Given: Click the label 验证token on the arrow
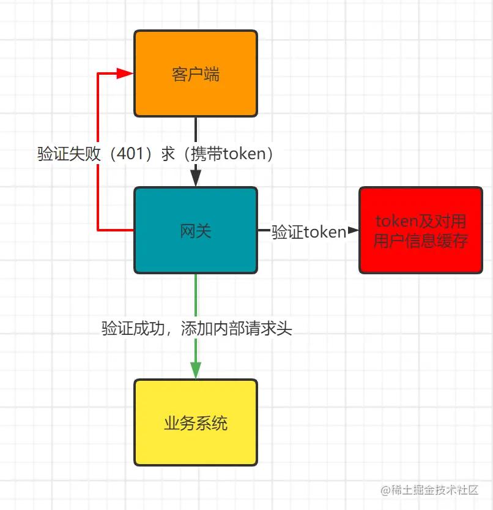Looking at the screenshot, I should pos(309,231).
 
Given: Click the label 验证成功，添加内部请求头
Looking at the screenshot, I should pos(197,329).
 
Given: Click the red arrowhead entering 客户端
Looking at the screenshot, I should pos(125,73).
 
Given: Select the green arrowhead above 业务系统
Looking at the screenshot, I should pos(196,370).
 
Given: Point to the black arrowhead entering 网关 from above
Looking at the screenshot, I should pos(196,178).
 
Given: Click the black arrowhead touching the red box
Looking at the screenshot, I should pos(353,231).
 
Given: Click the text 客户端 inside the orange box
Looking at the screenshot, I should pos(196,75).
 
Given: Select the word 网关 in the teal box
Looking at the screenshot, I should pos(196,231).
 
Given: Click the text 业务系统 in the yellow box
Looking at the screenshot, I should pos(196,423).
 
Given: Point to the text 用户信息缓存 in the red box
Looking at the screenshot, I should pos(421,241).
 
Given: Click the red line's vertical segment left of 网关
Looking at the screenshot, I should pos(98,196).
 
